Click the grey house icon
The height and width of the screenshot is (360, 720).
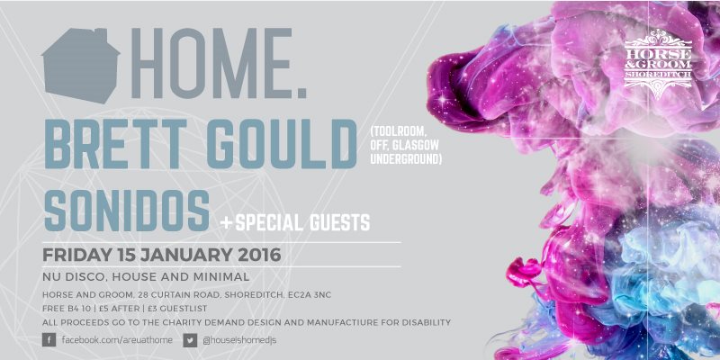pyautogui.click(x=80, y=65)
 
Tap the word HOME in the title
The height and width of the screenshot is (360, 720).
pyautogui.click(x=211, y=63)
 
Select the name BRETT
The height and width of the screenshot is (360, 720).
pyautogui.click(x=115, y=144)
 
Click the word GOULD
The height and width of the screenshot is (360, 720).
pyautogui.click(x=282, y=144)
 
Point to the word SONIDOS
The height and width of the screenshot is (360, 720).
pyautogui.click(x=126, y=211)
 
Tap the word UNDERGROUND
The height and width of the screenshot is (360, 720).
pyautogui.click(x=406, y=159)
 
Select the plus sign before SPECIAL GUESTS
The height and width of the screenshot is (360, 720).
pyautogui.click(x=226, y=223)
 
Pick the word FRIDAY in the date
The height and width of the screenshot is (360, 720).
pyautogui.click(x=76, y=255)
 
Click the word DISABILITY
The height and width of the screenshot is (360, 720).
pyautogui.click(x=426, y=323)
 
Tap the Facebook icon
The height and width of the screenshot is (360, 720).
pyautogui.click(x=49, y=340)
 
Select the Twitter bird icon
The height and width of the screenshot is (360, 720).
pyautogui.click(x=190, y=340)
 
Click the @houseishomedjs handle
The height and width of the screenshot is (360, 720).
pyautogui.click(x=239, y=340)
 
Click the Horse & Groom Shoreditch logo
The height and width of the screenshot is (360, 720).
pyautogui.click(x=658, y=63)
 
